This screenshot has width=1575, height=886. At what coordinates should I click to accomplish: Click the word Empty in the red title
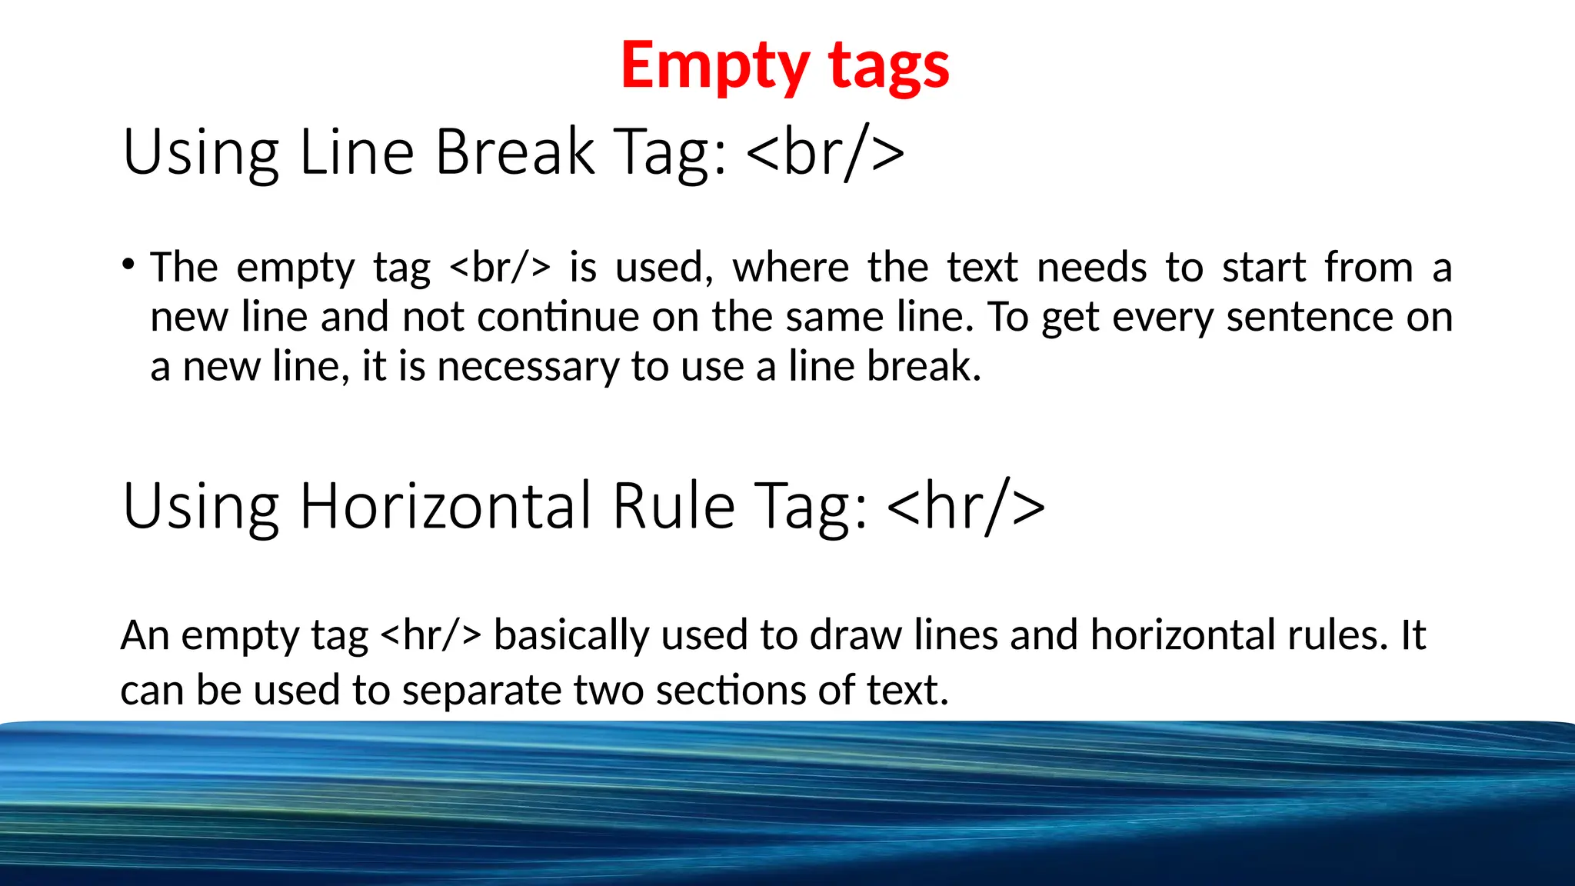[x=714, y=68]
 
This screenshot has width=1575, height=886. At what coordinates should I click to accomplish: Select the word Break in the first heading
[x=514, y=152]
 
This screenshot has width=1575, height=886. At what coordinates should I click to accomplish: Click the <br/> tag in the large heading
[x=825, y=152]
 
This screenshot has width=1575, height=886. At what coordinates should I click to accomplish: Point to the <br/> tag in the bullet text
[x=500, y=268]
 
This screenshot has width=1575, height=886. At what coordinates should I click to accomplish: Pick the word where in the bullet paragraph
[x=790, y=268]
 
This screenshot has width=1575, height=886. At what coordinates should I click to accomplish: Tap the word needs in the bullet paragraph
[x=1091, y=268]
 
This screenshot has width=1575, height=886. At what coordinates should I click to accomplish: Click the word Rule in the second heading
[x=674, y=506]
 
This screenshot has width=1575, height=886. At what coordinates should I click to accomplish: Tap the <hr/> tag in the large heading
[x=966, y=506]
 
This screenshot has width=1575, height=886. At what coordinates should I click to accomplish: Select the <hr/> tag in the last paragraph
[x=431, y=635]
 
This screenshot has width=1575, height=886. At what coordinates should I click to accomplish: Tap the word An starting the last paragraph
[x=145, y=635]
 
